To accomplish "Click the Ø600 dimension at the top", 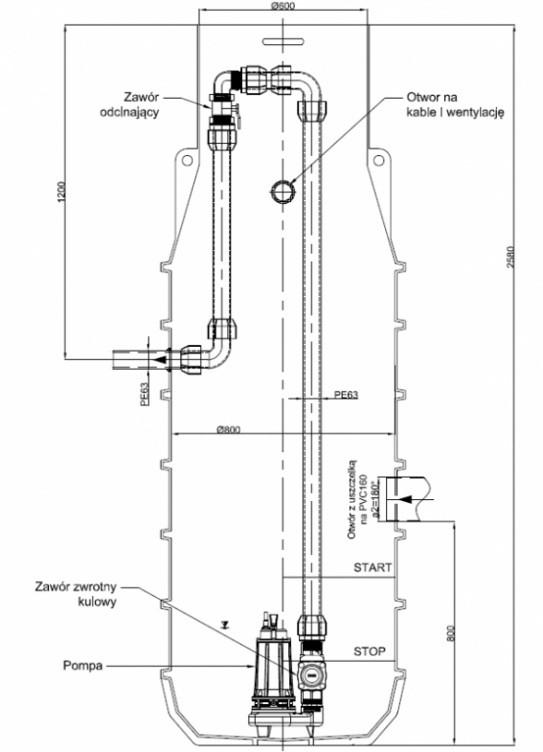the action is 283,7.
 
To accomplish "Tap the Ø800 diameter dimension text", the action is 228,430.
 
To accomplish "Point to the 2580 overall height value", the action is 509,258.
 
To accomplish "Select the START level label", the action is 373,567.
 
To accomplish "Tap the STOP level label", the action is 369,651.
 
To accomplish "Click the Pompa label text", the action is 82,666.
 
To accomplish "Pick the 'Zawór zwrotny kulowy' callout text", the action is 76,594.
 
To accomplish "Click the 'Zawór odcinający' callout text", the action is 129,105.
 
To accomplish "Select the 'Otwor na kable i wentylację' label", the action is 455,105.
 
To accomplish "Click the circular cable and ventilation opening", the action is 282,192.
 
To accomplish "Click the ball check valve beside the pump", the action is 312,674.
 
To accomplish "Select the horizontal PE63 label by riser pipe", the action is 346,395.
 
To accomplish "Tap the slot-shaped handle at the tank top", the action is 283,42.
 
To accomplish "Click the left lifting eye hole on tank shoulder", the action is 187,160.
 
